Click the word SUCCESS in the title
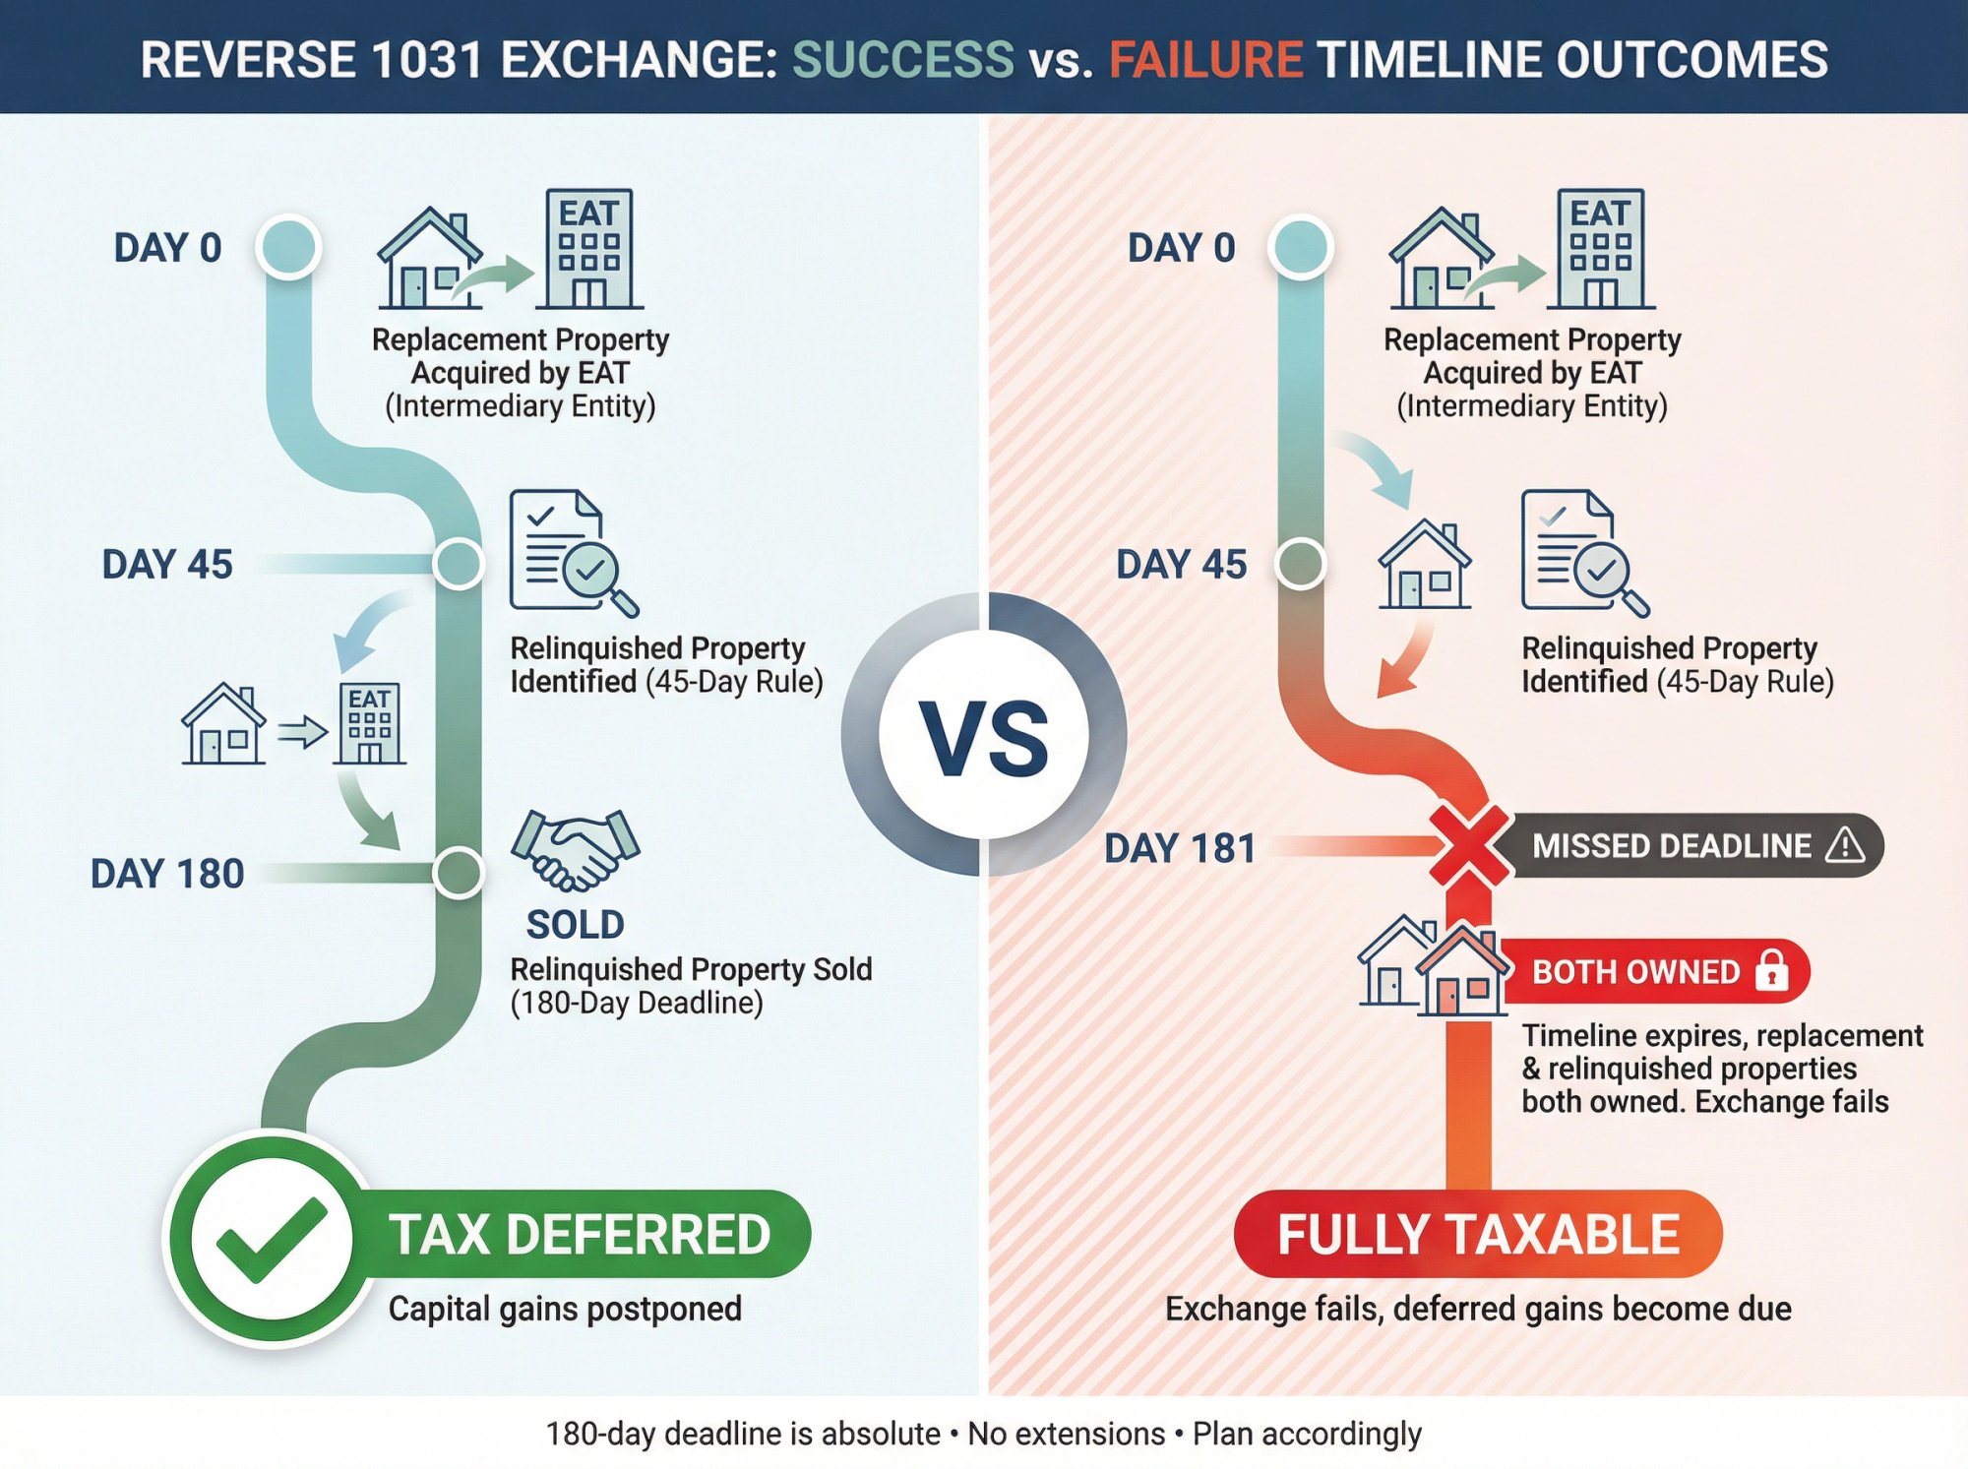[x=902, y=60]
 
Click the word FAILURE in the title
[x=1205, y=60]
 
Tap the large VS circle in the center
[x=984, y=735]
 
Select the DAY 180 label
[x=167, y=874]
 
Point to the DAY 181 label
[x=1180, y=848]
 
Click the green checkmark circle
[x=271, y=1240]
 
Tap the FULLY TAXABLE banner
[x=1478, y=1235]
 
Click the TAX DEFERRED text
[x=580, y=1235]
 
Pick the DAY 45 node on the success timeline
[x=459, y=564]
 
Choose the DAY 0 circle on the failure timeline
[x=1301, y=246]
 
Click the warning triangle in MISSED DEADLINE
[x=1844, y=846]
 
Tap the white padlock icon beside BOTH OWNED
[x=1772, y=971]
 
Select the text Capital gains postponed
[x=565, y=1310]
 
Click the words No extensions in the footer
[x=1066, y=1435]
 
